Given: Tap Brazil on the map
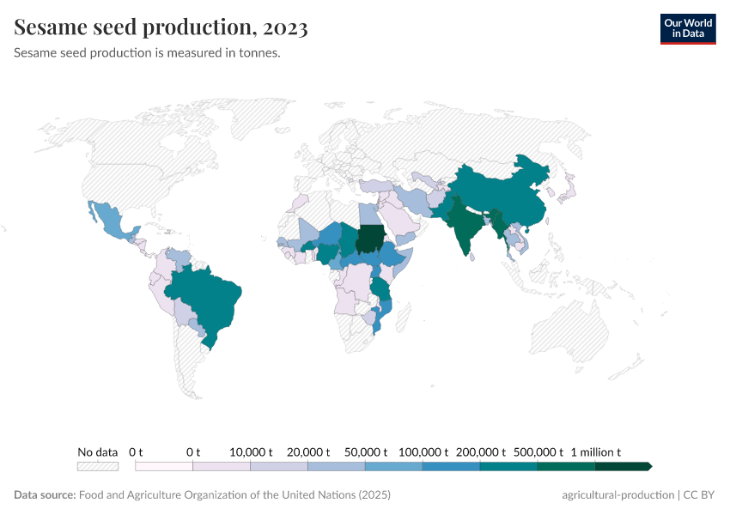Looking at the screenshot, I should pos(210,300).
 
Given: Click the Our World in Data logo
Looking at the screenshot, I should pos(687,28).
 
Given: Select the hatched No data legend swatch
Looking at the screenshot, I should pos(97,466).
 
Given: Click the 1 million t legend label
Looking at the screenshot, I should pos(595,451).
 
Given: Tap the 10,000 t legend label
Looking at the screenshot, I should pos(251,451).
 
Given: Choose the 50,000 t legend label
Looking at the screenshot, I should pos(365,451).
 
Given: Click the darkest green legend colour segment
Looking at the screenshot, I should pos(621,466).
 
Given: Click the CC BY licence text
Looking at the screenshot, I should pos(699,495).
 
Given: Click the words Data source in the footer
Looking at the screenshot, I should pos(45,495).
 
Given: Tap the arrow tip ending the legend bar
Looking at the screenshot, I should pos(650,466).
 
